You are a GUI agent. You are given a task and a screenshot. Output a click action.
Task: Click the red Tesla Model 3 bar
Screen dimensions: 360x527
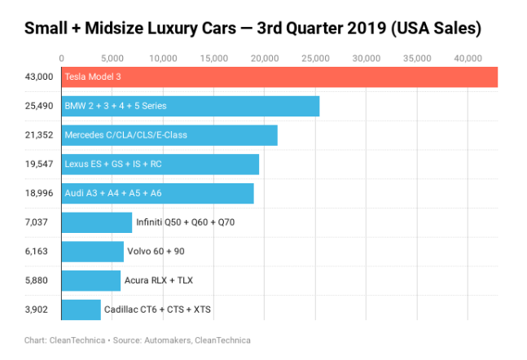click(x=279, y=77)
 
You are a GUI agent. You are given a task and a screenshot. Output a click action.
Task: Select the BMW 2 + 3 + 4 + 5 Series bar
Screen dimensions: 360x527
click(x=191, y=106)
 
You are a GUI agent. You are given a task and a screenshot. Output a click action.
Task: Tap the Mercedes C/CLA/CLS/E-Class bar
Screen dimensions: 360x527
click(x=169, y=135)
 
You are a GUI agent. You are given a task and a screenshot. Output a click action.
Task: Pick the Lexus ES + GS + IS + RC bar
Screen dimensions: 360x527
click(x=160, y=164)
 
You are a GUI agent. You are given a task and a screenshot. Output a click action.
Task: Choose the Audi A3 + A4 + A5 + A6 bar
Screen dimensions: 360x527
click(x=158, y=193)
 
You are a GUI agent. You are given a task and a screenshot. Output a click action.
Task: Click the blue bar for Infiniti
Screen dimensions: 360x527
click(x=97, y=222)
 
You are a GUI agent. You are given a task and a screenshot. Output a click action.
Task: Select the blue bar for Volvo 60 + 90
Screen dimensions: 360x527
click(x=93, y=251)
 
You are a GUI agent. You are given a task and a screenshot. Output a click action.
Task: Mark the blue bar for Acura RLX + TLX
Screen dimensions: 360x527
click(x=91, y=280)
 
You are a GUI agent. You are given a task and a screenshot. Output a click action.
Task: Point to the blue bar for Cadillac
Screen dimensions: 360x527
click(x=81, y=310)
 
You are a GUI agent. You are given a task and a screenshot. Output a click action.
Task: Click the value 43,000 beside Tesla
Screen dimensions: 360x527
click(x=39, y=77)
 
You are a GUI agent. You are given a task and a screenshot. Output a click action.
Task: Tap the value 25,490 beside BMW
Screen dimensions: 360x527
click(x=39, y=106)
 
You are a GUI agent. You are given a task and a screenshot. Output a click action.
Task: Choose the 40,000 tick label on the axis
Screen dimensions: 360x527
click(x=468, y=58)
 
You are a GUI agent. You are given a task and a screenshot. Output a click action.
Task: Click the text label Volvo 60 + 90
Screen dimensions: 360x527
click(x=156, y=251)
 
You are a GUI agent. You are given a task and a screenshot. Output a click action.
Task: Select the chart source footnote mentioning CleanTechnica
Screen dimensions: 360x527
click(x=136, y=340)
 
